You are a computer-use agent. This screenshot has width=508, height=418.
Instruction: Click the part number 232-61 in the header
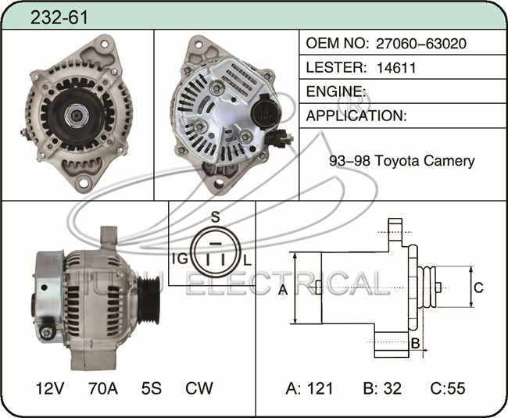click(x=59, y=17)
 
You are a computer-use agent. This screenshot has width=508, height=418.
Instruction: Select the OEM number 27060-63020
click(x=420, y=44)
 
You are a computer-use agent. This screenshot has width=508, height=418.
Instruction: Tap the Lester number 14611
click(x=396, y=68)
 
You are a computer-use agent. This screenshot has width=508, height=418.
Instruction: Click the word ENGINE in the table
click(x=335, y=91)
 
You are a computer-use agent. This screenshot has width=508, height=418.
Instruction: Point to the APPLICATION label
click(x=356, y=116)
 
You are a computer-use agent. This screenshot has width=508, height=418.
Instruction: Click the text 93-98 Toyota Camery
click(x=402, y=161)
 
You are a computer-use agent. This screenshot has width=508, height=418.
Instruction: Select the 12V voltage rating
click(x=50, y=388)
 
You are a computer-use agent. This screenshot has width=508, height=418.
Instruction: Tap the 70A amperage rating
click(x=103, y=388)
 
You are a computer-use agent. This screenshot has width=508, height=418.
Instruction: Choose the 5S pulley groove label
click(x=152, y=388)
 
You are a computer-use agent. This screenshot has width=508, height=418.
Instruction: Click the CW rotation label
click(x=199, y=388)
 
